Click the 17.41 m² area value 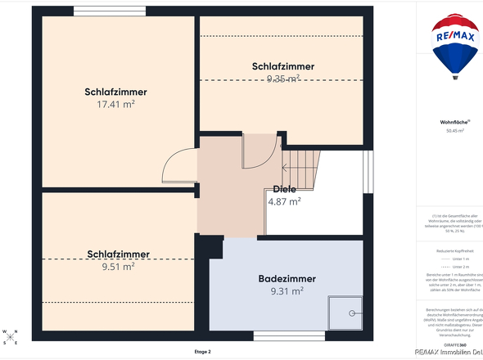coord(115,105)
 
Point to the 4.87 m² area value coord(284,200)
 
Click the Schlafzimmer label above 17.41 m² coord(115,92)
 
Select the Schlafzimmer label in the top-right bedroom coord(283,66)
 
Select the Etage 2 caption coord(202,351)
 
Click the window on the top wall coord(98,11)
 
